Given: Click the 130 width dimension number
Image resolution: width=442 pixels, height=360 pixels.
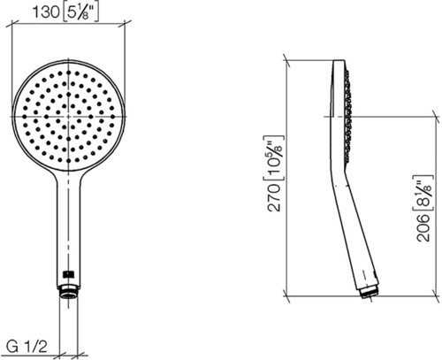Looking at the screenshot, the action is click(46, 12).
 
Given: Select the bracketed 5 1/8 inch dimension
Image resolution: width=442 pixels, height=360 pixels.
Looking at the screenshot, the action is click(80, 12).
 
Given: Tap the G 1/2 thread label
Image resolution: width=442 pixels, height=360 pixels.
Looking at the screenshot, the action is click(27, 347).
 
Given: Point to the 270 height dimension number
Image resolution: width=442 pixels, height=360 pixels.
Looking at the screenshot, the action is click(274, 197).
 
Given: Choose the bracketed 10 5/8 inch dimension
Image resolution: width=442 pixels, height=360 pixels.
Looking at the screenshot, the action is click(273, 157).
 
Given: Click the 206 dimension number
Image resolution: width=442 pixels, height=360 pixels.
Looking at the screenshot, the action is click(423, 227).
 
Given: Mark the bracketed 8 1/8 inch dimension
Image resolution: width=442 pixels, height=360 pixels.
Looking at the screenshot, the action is click(423, 193).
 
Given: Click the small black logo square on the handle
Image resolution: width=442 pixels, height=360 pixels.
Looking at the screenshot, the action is click(68, 274).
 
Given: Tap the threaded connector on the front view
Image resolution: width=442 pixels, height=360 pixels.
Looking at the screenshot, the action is click(69, 292).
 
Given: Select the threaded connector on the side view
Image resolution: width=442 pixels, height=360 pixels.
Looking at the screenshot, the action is click(370, 293).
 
